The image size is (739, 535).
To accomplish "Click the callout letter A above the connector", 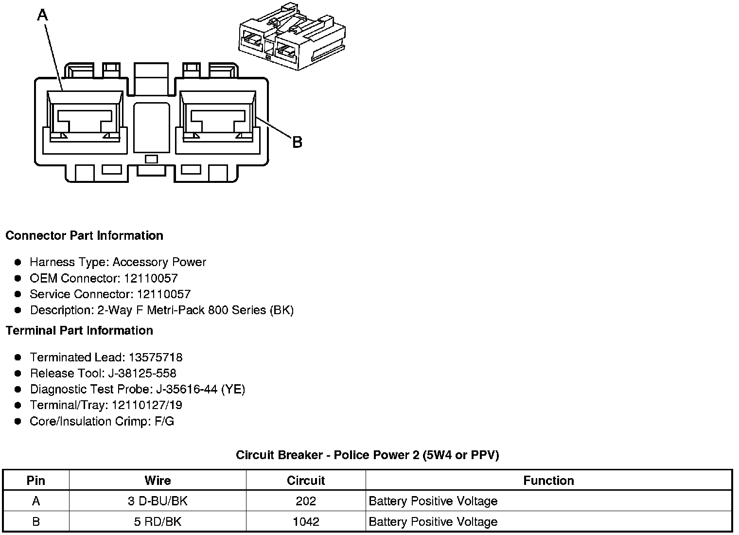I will (43, 16).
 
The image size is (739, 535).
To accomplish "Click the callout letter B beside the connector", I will (297, 142).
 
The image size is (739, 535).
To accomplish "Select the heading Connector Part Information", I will (84, 236).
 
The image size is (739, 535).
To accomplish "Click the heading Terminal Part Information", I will (79, 331).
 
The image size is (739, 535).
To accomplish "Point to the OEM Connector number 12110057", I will (151, 278).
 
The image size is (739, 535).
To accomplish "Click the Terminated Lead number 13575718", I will (155, 357).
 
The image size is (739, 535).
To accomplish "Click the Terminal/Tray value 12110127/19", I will (147, 405).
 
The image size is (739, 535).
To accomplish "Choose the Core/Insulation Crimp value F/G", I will (164, 421).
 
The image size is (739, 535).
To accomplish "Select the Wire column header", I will (158, 481).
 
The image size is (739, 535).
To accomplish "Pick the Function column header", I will (548, 481).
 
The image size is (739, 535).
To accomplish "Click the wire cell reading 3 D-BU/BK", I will (158, 501).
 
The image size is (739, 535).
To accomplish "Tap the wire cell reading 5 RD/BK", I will (158, 522).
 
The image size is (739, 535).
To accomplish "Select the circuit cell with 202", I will (306, 501).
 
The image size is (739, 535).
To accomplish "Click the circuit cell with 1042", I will (306, 522).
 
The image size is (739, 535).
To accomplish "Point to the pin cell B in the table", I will (36, 522).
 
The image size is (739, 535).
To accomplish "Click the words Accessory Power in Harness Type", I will (159, 262).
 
